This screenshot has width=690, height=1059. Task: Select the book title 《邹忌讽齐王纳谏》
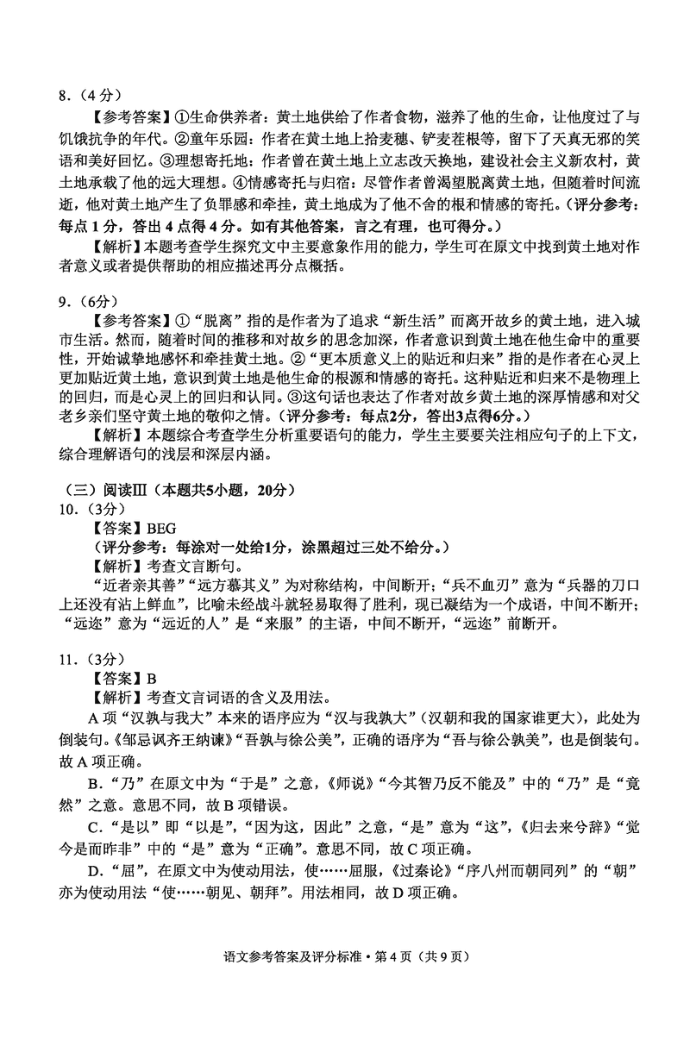tap(178, 739)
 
